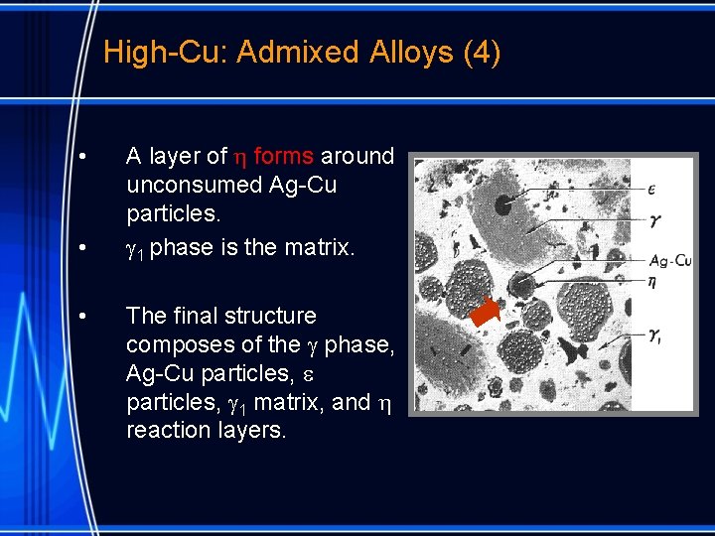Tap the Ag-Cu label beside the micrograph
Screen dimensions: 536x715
(x=670, y=261)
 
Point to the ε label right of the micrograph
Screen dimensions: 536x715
(x=651, y=188)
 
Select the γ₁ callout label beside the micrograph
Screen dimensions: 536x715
(x=655, y=336)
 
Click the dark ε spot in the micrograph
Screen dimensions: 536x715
(x=503, y=205)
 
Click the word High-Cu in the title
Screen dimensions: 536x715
(x=164, y=52)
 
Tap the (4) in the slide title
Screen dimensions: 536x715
(x=482, y=52)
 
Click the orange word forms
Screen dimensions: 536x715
(x=283, y=156)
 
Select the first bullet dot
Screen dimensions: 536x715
(x=86, y=158)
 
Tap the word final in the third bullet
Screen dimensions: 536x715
(x=202, y=316)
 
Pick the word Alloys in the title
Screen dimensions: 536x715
(x=408, y=52)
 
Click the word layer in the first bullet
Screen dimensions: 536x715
(x=177, y=156)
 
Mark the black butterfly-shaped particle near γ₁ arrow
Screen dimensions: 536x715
(x=572, y=347)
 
